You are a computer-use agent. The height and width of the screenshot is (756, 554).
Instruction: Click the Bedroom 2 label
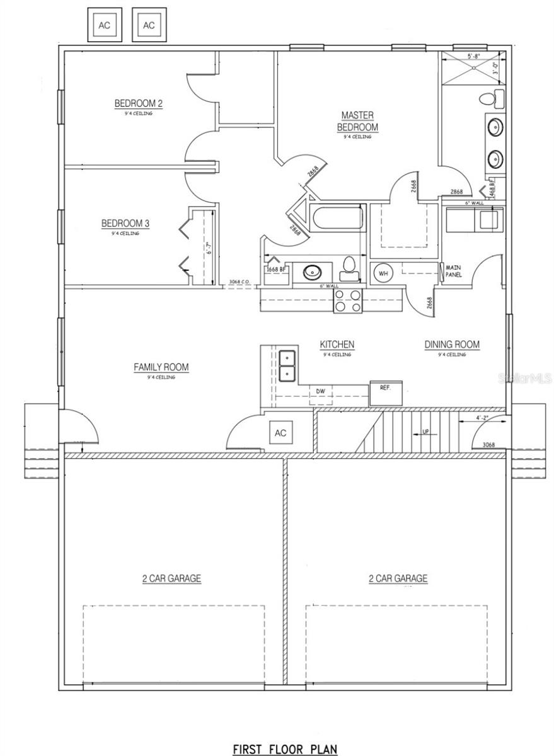click(139, 103)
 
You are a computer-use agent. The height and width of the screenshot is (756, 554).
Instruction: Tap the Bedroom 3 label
click(125, 223)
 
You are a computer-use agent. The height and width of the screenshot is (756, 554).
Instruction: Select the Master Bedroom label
click(357, 121)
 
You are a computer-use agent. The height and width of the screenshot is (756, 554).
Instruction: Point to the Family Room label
click(161, 367)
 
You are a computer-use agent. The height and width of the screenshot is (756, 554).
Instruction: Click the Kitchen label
click(337, 345)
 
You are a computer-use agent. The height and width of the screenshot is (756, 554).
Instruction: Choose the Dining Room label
click(452, 345)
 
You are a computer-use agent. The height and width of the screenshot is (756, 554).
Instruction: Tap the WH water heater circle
click(383, 273)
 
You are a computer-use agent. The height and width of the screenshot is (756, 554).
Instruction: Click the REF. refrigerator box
click(386, 387)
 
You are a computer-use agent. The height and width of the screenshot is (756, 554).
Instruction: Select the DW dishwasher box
click(321, 392)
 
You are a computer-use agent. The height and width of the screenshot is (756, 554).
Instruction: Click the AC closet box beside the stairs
click(280, 433)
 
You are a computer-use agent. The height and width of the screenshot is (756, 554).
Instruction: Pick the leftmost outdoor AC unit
click(104, 25)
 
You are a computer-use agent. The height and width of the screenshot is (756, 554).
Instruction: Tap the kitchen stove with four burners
click(348, 301)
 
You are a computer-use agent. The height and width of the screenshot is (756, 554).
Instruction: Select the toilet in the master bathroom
click(490, 99)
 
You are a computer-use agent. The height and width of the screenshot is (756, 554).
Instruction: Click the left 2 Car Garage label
click(171, 578)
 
